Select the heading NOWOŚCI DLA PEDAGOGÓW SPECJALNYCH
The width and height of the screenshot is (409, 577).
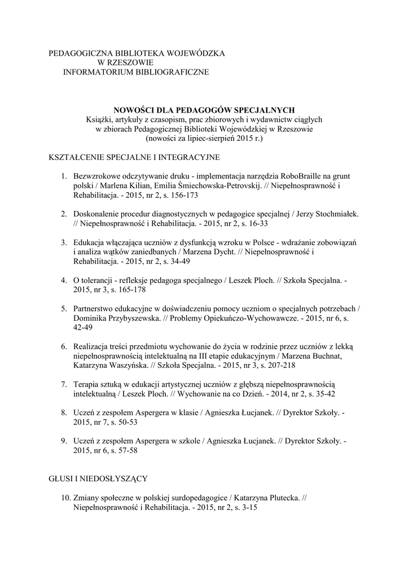pos(204,109)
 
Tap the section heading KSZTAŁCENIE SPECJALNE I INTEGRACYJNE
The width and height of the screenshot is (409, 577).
pos(134,156)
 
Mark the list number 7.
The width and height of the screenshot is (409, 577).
pos(64,384)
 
